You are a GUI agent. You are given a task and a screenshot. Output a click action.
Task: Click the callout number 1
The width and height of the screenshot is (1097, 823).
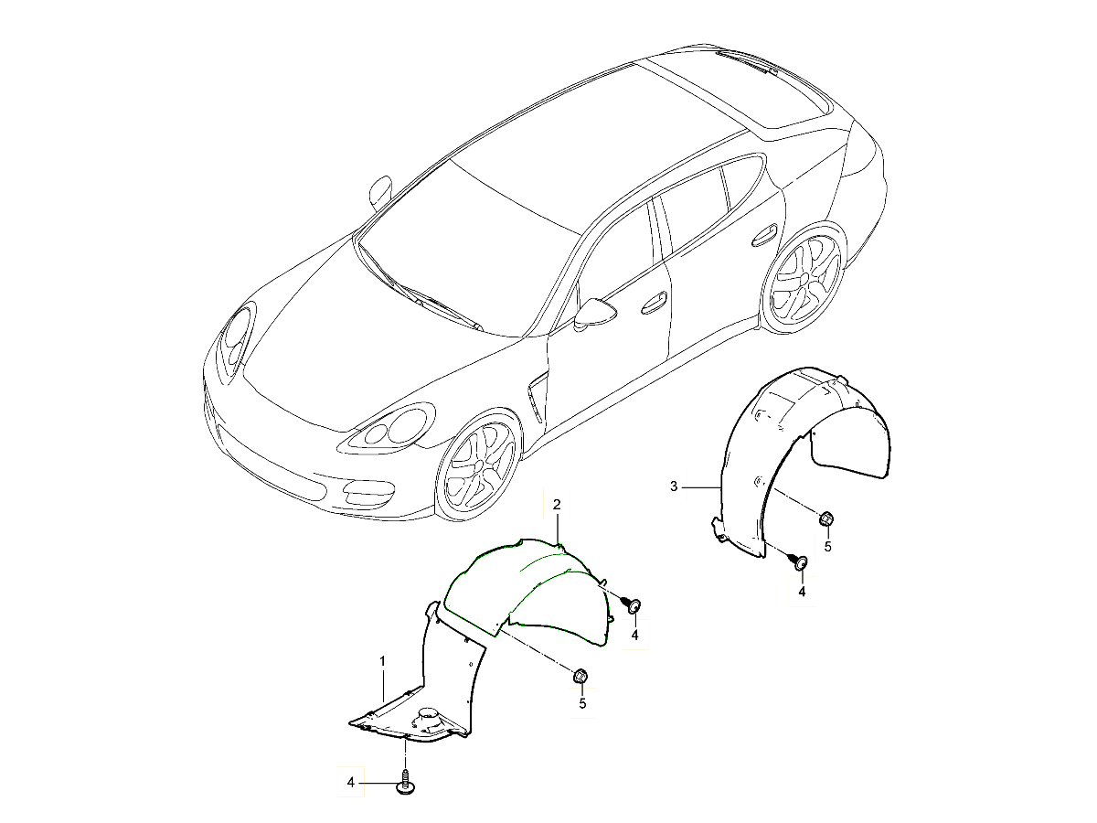383,660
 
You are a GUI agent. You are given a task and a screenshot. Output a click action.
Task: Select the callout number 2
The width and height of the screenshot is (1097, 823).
557,504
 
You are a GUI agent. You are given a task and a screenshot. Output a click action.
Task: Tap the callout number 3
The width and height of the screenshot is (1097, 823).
674,486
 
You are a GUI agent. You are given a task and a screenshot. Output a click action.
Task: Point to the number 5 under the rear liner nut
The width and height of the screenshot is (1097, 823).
827,547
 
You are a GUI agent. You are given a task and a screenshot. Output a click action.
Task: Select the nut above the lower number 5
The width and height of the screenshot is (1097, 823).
580,677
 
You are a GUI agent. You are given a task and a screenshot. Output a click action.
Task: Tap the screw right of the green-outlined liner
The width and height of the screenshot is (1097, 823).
633,604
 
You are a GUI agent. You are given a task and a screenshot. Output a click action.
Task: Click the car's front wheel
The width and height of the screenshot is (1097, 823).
477,467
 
